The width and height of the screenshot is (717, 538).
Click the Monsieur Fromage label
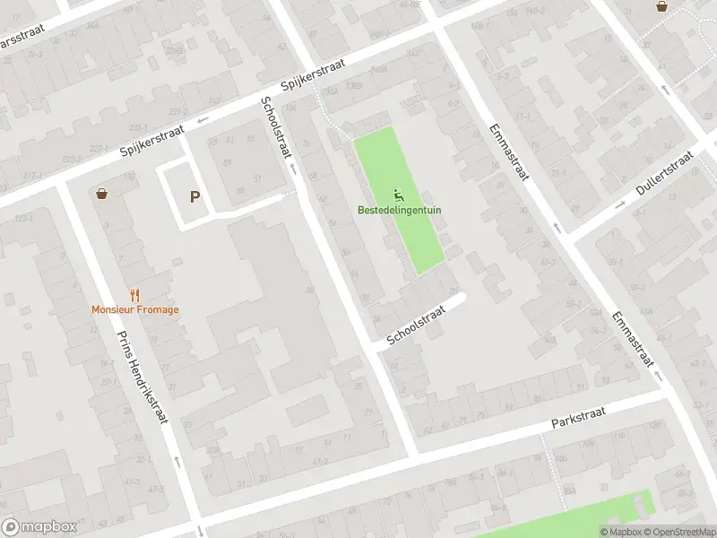click(134, 310)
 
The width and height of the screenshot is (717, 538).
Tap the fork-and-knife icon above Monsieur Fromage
click(134, 294)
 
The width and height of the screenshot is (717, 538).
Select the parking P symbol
click(194, 197)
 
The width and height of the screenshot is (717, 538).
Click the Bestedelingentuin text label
click(399, 211)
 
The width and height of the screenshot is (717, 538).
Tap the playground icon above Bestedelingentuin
click(399, 196)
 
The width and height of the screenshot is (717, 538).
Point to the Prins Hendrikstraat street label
click(143, 381)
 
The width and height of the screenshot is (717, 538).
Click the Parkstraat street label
click(578, 416)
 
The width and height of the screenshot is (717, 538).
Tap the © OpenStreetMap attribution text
click(678, 532)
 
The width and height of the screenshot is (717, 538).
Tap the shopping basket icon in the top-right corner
click(661, 6)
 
